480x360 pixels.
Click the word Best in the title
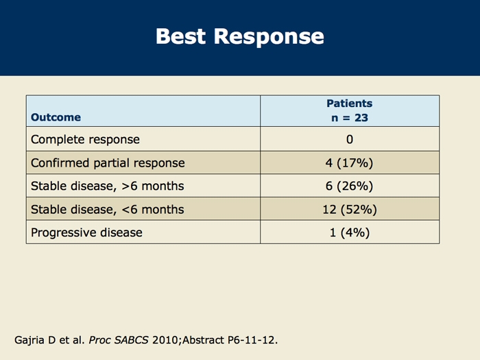180,36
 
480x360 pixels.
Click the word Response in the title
269,38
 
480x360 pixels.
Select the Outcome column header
56,117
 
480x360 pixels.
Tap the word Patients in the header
350,104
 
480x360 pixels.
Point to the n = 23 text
350,118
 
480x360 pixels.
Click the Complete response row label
85,140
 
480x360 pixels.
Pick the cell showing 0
350,140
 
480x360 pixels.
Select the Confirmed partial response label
108,163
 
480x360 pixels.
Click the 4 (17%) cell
349,163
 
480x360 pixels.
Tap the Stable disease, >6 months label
108,186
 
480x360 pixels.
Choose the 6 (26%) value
349,186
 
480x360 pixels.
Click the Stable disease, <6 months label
108,209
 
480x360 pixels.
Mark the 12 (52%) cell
350,209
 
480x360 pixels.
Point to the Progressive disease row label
86,232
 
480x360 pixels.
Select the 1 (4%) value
350,232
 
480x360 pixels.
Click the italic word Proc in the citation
99,340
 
